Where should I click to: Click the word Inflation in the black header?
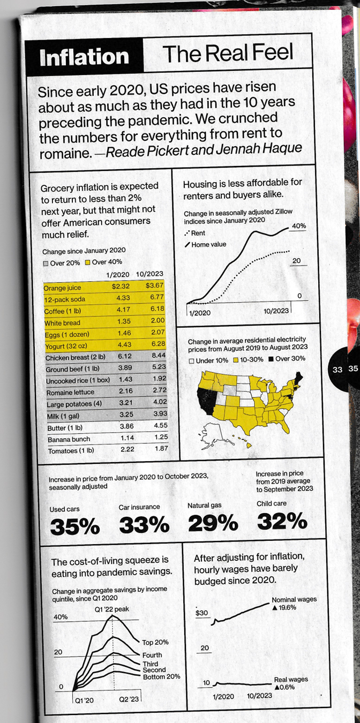84,57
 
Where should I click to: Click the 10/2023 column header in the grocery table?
149,275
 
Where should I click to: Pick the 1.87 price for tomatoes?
152,449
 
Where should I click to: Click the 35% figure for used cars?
74,527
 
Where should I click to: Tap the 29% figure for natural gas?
213,523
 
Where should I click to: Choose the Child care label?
272,503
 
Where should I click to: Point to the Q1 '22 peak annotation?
112,609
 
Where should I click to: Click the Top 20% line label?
155,642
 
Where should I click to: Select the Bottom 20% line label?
161,677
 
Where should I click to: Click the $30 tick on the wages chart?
202,613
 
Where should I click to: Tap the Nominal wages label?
294,599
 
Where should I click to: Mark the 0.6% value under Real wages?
286,687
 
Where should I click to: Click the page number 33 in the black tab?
337,370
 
